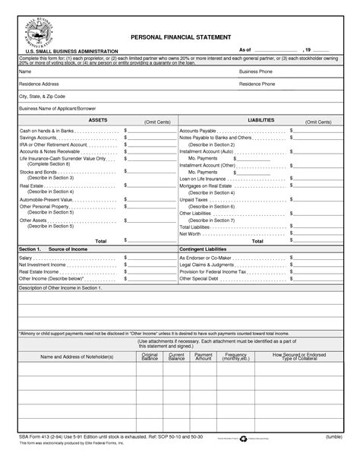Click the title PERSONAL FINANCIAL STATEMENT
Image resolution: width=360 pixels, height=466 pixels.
coord(180,36)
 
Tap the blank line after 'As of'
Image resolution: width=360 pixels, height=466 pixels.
coord(270,50)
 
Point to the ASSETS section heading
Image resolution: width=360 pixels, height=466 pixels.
coord(99,120)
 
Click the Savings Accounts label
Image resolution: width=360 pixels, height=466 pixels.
coord(39,138)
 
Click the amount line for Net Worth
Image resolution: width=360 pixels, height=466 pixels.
coord(317,233)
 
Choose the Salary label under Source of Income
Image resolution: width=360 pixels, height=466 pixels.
coord(26,258)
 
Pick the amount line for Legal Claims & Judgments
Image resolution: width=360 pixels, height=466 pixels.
coord(317,265)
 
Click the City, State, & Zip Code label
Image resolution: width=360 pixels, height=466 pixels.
coord(43,97)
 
